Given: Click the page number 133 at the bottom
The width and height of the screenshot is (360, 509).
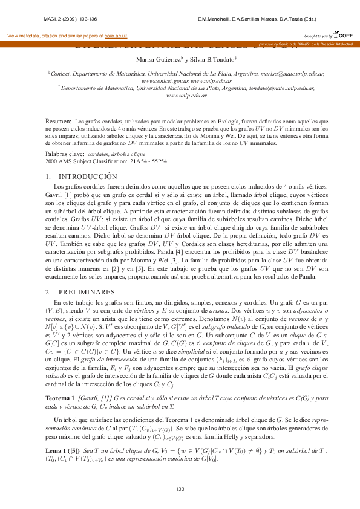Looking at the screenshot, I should tap(180, 489).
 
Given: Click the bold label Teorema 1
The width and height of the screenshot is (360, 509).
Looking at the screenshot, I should tap(62, 381).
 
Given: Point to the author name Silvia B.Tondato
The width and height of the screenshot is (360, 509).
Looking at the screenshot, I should tap(213, 59).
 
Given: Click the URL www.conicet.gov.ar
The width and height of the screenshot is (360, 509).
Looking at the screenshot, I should tap(163, 80).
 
